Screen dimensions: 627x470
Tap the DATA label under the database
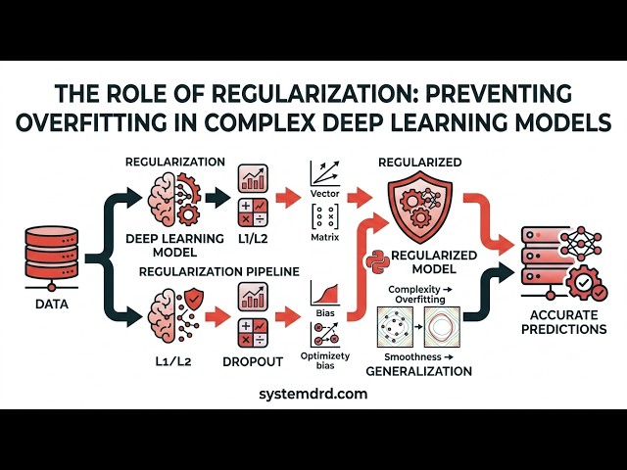pyautogui.click(x=52, y=305)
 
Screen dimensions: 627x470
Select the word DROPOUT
pyautogui.click(x=253, y=361)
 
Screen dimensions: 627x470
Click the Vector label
pyautogui.click(x=324, y=194)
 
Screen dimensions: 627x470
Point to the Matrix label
pyautogui.click(x=324, y=237)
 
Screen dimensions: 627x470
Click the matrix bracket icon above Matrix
pyautogui.click(x=324, y=216)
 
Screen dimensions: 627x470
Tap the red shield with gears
pyautogui.click(x=420, y=207)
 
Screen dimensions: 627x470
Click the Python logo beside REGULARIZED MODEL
pyautogui.click(x=378, y=261)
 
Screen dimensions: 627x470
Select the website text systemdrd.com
pyautogui.click(x=313, y=394)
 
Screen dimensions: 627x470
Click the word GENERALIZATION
pyautogui.click(x=419, y=371)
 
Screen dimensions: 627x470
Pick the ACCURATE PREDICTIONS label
pyautogui.click(x=564, y=322)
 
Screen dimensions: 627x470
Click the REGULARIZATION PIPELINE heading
pyautogui.click(x=219, y=272)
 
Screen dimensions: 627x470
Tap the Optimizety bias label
pyautogui.click(x=324, y=360)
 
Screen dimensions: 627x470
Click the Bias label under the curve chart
pyautogui.click(x=324, y=313)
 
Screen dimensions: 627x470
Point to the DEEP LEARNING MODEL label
pyautogui.click(x=174, y=246)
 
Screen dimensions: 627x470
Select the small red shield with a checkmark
pyautogui.click(x=194, y=298)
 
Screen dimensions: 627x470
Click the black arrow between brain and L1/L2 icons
pyautogui.click(x=217, y=197)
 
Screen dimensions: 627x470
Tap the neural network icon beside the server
pyautogui.click(x=581, y=242)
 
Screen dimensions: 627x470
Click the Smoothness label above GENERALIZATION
pyautogui.click(x=418, y=356)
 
